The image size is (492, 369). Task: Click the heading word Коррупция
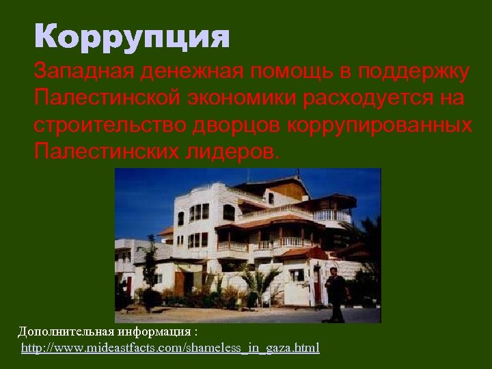(133, 37)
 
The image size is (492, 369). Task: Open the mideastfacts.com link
(170, 348)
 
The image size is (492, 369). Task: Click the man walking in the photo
(335, 294)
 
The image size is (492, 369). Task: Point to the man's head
(334, 272)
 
